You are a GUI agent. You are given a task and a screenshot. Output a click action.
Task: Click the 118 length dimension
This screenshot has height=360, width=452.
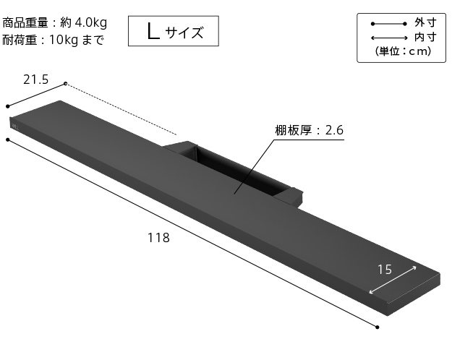pyautogui.click(x=158, y=238)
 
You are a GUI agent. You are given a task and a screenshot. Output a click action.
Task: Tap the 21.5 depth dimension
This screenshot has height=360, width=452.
pyautogui.click(x=35, y=80)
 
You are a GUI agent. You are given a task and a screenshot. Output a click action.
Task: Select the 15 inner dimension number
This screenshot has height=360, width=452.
pyautogui.click(x=384, y=270)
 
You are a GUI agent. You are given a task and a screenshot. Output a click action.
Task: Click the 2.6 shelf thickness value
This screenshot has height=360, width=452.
pyautogui.click(x=334, y=131)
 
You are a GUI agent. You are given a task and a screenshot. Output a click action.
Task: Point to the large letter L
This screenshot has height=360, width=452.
pyautogui.click(x=152, y=31)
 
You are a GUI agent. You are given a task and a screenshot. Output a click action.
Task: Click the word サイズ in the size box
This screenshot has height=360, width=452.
pyautogui.click(x=184, y=32)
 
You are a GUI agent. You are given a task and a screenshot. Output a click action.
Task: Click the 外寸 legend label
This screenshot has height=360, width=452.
pyautogui.click(x=425, y=23)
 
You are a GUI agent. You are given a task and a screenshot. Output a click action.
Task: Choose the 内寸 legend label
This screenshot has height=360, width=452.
pyautogui.click(x=425, y=37)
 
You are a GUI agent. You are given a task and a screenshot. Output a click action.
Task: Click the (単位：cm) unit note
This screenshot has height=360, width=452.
pyautogui.click(x=403, y=51)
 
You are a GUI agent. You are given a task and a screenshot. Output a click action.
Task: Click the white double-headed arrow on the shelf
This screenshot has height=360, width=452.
pyautogui.click(x=393, y=280)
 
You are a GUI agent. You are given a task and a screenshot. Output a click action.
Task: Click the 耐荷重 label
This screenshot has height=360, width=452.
pyautogui.click(x=21, y=40)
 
